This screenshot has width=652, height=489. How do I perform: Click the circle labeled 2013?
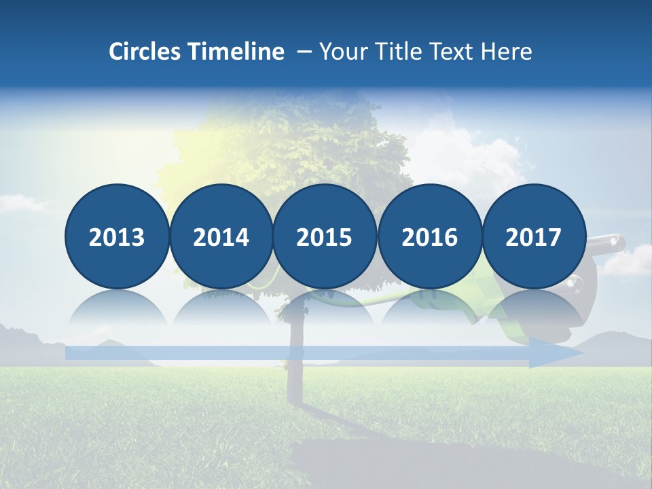click(117, 236)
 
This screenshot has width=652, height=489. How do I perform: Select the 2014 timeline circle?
click(221, 236)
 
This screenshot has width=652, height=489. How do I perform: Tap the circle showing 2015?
click(325, 236)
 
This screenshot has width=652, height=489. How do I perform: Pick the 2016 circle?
click(429, 236)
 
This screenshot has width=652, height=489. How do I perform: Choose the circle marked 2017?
click(533, 236)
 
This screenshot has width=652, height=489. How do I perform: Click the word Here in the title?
click(506, 52)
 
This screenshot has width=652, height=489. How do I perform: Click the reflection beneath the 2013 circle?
click(117, 309)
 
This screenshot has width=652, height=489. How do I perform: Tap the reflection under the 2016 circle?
click(429, 309)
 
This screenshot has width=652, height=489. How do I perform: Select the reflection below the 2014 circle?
click(221, 309)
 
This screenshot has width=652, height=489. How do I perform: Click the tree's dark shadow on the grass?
click(353, 455)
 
